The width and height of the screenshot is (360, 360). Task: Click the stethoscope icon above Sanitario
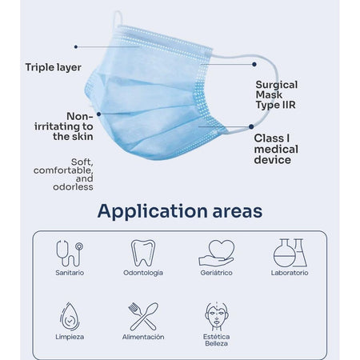tap(70, 252)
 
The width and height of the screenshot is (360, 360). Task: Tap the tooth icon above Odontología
tap(143, 252)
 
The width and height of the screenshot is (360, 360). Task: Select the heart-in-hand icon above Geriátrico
tap(216, 252)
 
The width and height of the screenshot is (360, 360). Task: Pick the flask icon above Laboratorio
tap(290, 252)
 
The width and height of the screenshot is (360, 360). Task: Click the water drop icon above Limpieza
tap(70, 316)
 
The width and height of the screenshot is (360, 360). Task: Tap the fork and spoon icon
tap(143, 316)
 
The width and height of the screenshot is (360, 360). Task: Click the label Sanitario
tap(70, 273)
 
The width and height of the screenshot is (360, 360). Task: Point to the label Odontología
tap(143, 273)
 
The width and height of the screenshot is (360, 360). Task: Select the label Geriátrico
tap(216, 273)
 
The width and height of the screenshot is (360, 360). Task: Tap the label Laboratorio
tap(290, 273)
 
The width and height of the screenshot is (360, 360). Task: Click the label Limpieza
tap(70, 337)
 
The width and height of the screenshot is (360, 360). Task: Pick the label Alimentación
tap(143, 337)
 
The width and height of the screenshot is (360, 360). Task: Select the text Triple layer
tap(54, 67)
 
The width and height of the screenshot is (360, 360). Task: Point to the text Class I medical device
tap(276, 149)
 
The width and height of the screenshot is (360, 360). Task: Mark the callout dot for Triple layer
tap(75, 47)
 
